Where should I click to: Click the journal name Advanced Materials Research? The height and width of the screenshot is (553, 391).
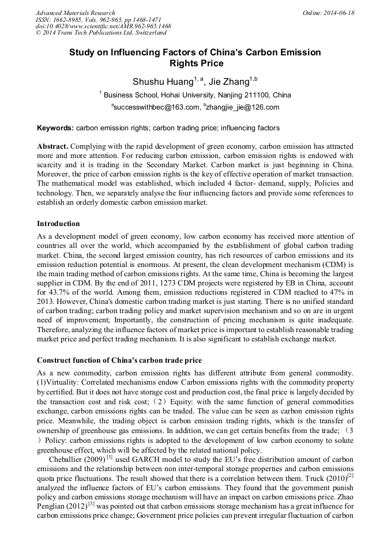(75, 13)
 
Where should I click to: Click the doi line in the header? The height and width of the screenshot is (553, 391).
(103, 27)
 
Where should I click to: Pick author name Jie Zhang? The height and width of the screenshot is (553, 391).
(229, 82)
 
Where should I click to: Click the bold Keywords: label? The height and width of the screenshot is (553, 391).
(55, 128)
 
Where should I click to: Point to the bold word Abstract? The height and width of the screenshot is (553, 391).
(52, 147)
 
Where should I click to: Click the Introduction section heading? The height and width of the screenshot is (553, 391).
(58, 224)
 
